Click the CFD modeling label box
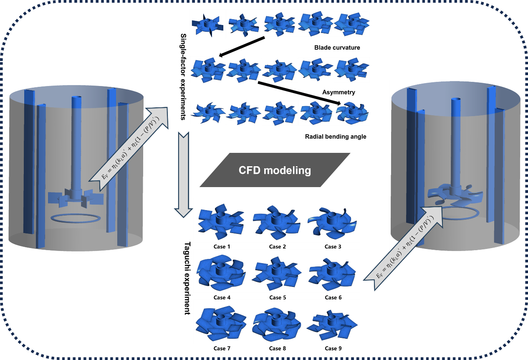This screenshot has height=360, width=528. pyautogui.click(x=275, y=170)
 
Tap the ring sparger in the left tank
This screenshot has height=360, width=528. pyautogui.click(x=75, y=218)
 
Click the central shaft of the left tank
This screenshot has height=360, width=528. pyautogui.click(x=77, y=142)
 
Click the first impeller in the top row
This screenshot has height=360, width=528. pyautogui.click(x=207, y=25)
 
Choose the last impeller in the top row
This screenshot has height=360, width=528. pyautogui.click(x=351, y=24)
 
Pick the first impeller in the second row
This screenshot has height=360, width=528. pyautogui.click(x=207, y=69)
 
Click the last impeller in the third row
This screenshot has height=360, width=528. pyautogui.click(x=353, y=112)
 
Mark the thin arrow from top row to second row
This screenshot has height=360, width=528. pyautogui.click(x=243, y=47)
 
